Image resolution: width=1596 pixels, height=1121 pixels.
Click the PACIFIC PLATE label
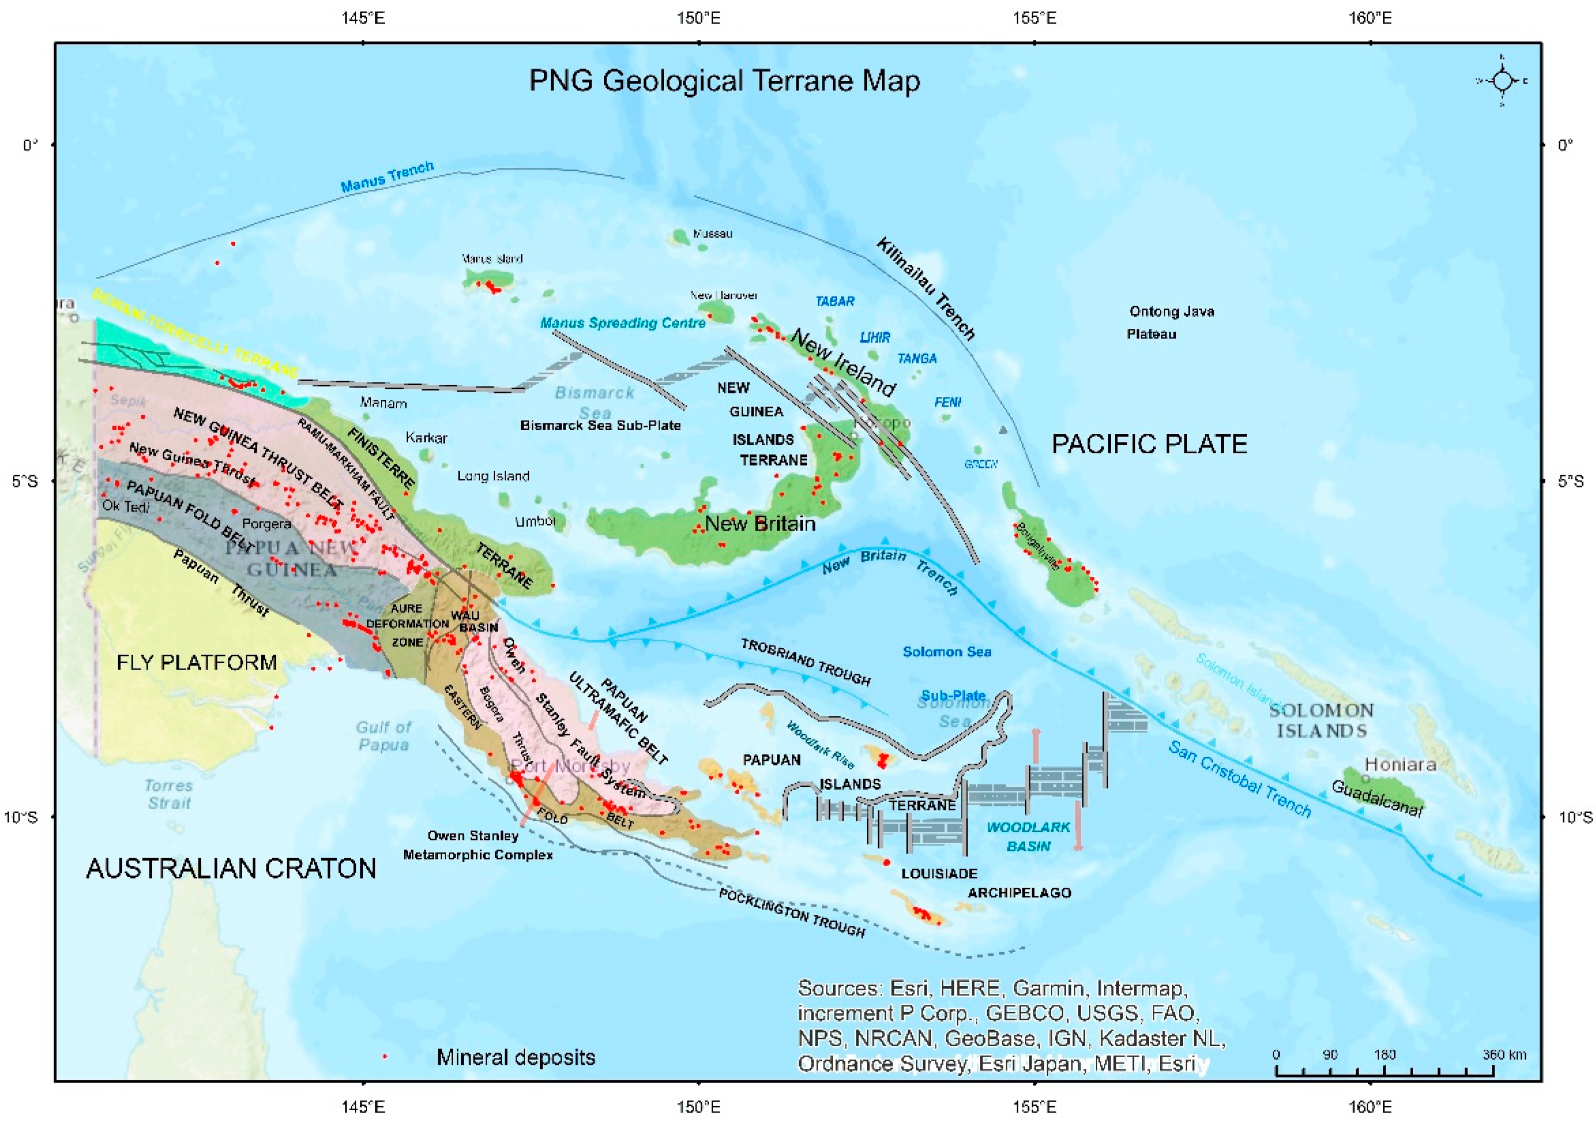tap(1149, 443)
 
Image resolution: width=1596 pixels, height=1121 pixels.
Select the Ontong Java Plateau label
tap(1171, 322)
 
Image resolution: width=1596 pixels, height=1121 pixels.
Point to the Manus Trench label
tap(387, 176)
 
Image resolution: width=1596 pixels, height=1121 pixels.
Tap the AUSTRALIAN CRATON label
tap(231, 868)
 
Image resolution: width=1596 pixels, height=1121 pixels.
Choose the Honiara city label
tap(1400, 765)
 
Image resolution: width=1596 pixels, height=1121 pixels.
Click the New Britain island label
tap(760, 523)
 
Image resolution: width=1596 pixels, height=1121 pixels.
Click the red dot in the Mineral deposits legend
tap(384, 1057)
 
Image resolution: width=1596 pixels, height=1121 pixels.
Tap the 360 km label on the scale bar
tap(1504, 1054)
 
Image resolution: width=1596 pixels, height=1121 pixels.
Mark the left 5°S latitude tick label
tap(25, 481)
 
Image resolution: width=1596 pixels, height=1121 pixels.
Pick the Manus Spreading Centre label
tap(622, 322)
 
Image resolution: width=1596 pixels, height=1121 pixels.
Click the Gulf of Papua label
tap(383, 735)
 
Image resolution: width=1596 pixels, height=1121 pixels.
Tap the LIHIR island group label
tap(874, 337)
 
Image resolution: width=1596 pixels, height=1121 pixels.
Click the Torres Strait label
tap(168, 794)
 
